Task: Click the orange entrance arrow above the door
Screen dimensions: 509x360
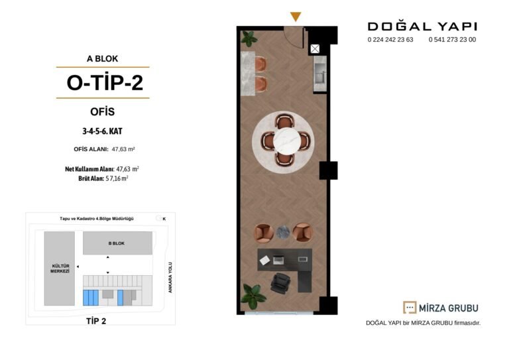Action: click(296, 16)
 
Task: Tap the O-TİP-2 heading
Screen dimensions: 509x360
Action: click(105, 82)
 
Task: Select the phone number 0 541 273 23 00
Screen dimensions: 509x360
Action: click(452, 40)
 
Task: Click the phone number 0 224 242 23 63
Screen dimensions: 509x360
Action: click(390, 40)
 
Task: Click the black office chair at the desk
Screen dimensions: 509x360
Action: click(280, 283)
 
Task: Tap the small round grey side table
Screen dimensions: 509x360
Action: click(283, 232)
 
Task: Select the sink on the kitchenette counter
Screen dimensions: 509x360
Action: click(320, 76)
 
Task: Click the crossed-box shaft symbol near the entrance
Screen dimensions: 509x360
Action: click(315, 48)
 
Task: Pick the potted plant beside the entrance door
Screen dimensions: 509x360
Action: click(249, 38)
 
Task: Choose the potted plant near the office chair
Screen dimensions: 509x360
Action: click(253, 296)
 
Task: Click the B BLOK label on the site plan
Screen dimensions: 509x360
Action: click(117, 243)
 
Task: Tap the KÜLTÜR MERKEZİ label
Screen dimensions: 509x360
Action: click(60, 269)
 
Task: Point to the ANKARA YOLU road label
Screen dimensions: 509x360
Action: click(170, 278)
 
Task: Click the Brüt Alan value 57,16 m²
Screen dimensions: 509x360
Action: click(117, 178)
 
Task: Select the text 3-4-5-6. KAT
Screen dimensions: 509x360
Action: click(102, 131)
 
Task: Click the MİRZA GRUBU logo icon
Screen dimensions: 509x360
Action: click(410, 308)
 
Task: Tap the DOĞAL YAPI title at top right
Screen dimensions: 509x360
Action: click(422, 27)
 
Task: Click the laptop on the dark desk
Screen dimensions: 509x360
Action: click(278, 260)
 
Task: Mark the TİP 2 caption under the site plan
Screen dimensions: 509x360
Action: click(96, 321)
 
